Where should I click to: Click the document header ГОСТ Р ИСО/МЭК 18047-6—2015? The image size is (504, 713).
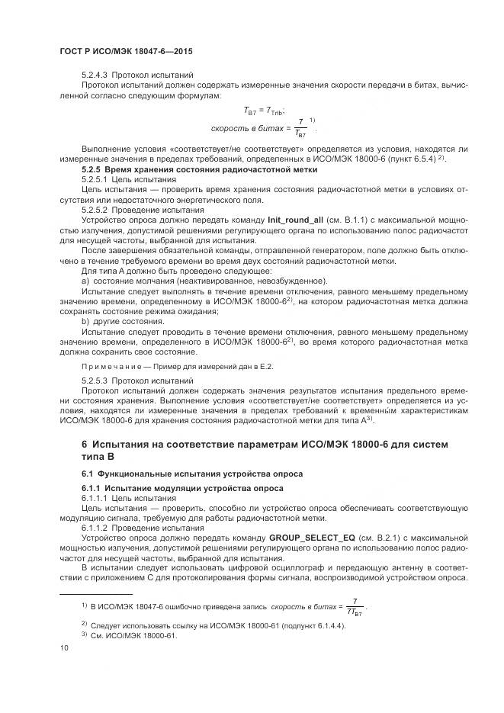[x=126, y=51]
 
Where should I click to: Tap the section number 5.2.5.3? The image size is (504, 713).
[x=95, y=380]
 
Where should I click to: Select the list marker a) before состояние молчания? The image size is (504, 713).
[x=85, y=281]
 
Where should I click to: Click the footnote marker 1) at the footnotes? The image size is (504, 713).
[x=85, y=605]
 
